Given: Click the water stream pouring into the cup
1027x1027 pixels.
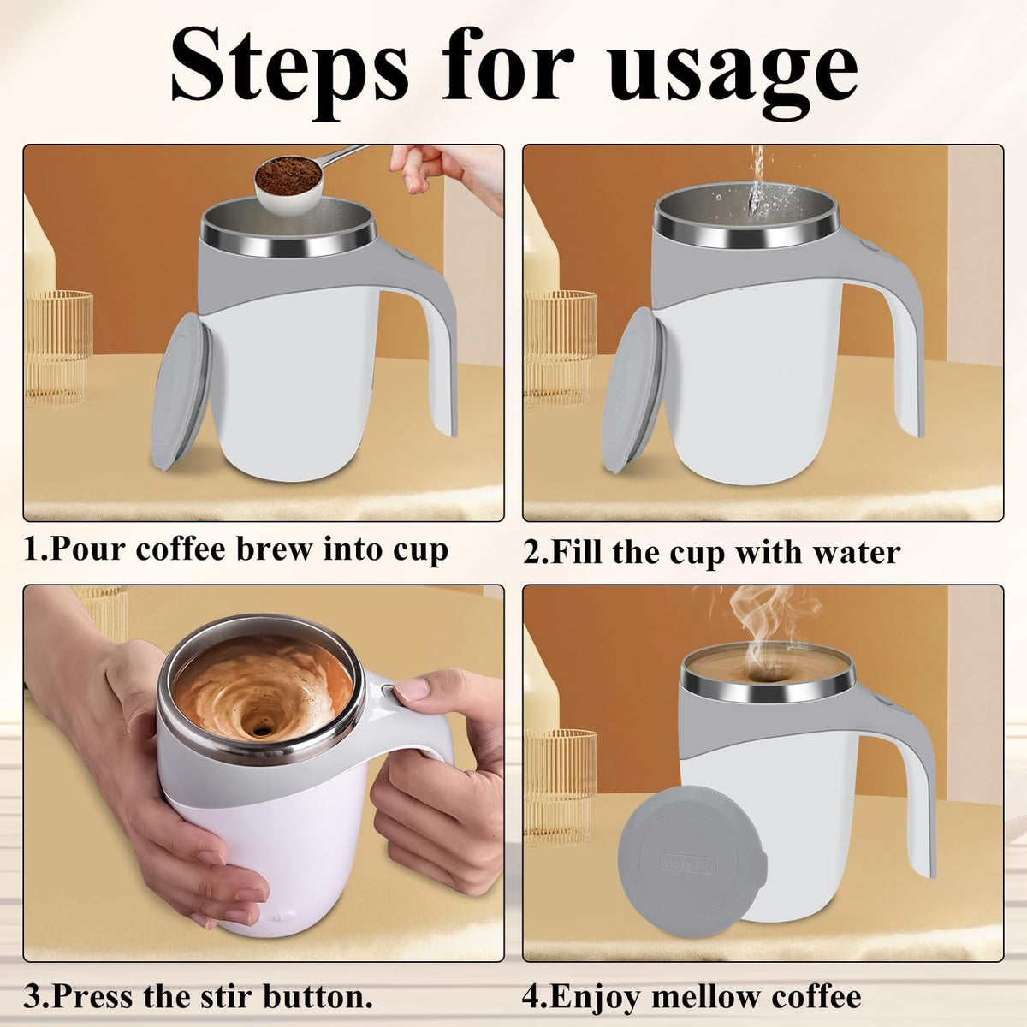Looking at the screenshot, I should tap(757, 184).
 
